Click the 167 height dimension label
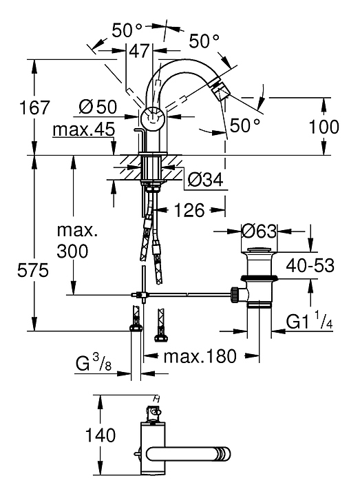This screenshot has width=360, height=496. pos(35,107)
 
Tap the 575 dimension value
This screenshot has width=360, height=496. pos(33,271)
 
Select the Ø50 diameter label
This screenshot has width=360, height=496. pos(98,107)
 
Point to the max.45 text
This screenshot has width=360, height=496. pos(84,130)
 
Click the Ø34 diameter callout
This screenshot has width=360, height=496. pos(205,180)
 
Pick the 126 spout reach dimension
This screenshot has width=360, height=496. pos(190,210)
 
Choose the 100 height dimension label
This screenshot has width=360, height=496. pos(324,127)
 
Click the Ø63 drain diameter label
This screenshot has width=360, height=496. pos(260,231)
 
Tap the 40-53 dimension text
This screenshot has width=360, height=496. pos(310,266)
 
